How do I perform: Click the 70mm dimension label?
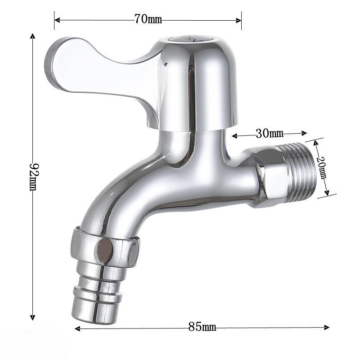(x=148, y=19)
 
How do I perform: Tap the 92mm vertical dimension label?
(x=33, y=176)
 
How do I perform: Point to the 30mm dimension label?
(x=269, y=133)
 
